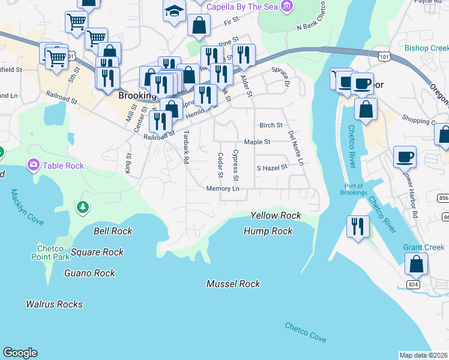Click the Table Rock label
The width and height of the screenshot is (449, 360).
(63, 165)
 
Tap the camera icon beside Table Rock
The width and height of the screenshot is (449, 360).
(32, 164)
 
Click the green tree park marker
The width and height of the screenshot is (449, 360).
(83, 207)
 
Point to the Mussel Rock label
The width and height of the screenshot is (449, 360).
(233, 284)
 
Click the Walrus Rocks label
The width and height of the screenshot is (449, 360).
(54, 304)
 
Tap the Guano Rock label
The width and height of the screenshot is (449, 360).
(89, 273)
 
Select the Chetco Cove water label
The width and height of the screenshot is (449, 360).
(306, 332)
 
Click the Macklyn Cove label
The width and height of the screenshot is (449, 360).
(26, 208)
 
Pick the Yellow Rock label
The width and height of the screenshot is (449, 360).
(276, 215)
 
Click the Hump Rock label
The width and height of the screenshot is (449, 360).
(268, 231)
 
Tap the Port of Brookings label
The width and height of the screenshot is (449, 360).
(353, 189)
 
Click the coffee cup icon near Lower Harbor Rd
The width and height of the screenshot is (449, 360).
(405, 157)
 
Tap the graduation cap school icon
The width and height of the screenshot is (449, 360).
(174, 11)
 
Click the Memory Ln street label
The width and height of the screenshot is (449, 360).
(223, 189)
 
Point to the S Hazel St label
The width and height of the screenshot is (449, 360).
(272, 169)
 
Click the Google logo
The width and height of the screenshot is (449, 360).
(20, 353)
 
